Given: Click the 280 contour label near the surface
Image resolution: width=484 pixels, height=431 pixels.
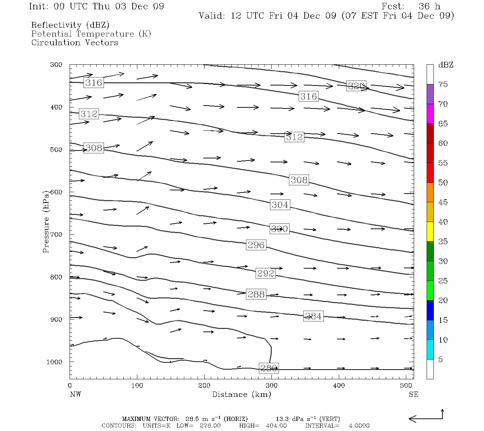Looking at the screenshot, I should [x=269, y=368].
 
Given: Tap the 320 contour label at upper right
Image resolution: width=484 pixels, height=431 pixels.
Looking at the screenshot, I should [x=356, y=86].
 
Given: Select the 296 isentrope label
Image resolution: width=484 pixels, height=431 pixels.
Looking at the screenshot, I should [x=256, y=245].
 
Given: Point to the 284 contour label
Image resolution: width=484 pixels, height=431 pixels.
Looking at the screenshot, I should [x=313, y=316].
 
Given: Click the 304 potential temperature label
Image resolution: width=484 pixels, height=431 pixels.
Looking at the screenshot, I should [x=280, y=205].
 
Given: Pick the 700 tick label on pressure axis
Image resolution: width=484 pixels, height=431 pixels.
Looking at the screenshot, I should [x=56, y=235].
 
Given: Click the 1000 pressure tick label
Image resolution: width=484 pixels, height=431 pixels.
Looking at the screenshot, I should [x=54, y=362].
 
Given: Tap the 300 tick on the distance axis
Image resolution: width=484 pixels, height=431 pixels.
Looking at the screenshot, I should [x=271, y=386].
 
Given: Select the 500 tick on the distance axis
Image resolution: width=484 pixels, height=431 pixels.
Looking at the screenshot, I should [x=406, y=386].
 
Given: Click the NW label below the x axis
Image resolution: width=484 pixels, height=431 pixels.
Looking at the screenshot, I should [x=75, y=394].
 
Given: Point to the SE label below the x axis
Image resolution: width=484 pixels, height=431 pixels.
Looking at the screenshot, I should [x=413, y=394].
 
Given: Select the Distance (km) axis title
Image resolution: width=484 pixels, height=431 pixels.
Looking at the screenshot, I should [x=241, y=394].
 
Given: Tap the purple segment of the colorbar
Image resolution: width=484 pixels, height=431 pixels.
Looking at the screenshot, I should [x=430, y=94].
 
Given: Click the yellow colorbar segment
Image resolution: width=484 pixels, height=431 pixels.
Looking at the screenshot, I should [x=430, y=232].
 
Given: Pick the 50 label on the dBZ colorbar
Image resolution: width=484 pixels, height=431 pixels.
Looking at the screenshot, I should [x=443, y=183].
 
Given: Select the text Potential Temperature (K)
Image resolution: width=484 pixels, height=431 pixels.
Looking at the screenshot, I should [x=91, y=34].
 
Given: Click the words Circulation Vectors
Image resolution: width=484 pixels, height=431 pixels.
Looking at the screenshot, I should [x=75, y=42].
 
